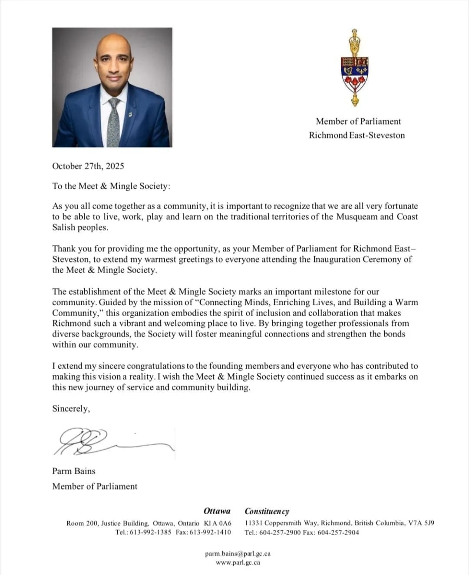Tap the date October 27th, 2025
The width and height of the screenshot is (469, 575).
88,166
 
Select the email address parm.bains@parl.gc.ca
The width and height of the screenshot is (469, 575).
238,554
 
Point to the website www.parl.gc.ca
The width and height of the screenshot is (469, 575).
238,562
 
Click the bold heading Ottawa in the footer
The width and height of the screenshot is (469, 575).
217,511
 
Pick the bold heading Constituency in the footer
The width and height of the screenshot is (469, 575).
267,511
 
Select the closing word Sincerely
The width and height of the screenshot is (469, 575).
71,409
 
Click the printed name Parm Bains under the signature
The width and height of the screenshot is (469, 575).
74,471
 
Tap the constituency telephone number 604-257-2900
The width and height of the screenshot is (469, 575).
280,532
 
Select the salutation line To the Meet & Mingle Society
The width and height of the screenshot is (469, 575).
111,186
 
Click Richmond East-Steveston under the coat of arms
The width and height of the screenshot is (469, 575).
357,135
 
